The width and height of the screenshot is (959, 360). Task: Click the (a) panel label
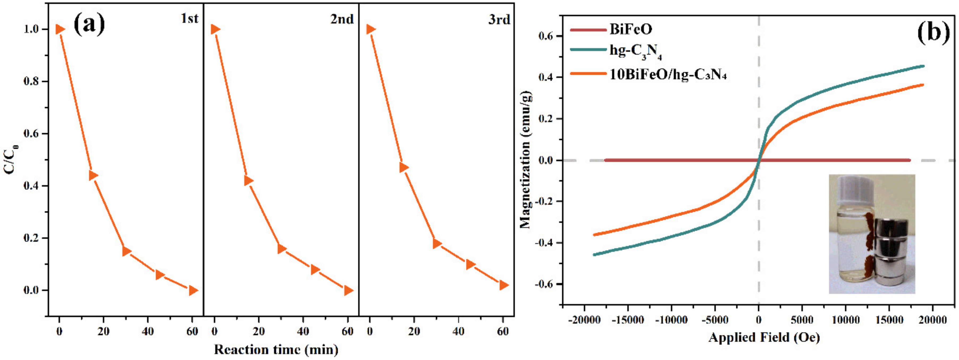pos(89,24)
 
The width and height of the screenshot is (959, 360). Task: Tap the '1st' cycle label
pos(190,18)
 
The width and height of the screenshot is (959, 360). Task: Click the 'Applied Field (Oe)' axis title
pos(764,337)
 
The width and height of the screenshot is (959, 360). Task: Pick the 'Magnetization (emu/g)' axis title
pos(526,160)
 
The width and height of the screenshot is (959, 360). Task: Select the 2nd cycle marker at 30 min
pos(281,249)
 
